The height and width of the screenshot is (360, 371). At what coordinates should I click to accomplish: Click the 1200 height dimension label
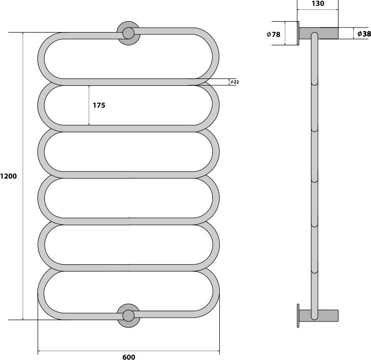8,176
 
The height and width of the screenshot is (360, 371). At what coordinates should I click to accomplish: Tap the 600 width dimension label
129,357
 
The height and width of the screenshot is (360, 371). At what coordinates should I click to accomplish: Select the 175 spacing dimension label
99,105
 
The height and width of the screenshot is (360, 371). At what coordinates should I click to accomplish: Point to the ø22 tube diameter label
235,82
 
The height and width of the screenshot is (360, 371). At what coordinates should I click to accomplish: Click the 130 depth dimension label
318,3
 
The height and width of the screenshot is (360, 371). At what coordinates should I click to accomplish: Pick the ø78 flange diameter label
273,35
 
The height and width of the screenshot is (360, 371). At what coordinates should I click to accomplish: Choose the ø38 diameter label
364,34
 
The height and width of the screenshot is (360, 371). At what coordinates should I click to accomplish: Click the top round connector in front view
129,34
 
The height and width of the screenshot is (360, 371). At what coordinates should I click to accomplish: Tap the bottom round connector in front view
129,316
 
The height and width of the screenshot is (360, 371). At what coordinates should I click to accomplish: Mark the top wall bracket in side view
318,33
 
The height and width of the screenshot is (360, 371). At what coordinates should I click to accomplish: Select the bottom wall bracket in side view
318,316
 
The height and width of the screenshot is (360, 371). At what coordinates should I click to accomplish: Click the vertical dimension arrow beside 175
89,105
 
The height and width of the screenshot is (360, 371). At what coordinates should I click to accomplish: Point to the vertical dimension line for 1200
23,176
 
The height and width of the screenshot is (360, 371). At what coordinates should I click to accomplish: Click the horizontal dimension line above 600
129,351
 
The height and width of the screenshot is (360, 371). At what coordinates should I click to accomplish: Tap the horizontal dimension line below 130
318,10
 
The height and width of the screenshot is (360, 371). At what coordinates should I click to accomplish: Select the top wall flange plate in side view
298,33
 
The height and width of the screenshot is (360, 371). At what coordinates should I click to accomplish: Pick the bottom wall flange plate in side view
298,316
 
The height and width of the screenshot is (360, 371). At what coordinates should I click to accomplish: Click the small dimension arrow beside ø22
229,82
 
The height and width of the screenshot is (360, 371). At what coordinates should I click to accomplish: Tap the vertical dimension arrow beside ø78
285,33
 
